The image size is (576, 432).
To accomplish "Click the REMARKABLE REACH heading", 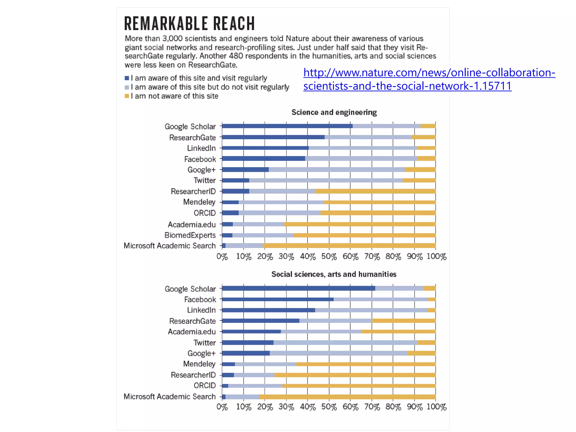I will pyautogui.click(x=189, y=23).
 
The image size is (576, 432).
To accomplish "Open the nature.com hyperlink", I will pyautogui.click(x=429, y=79).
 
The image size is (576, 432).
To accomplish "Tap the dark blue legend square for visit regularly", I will pyautogui.click(x=127, y=78).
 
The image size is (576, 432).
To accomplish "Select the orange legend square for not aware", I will pyautogui.click(x=127, y=96).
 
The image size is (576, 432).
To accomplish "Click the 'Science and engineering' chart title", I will pyautogui.click(x=334, y=112).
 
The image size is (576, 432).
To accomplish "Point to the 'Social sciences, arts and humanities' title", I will pyautogui.click(x=334, y=274).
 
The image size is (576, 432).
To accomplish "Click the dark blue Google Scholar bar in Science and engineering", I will pyautogui.click(x=287, y=126).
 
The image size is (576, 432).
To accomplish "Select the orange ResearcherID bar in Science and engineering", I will pyautogui.click(x=375, y=191).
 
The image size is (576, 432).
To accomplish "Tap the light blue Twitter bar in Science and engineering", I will pyautogui.click(x=326, y=180).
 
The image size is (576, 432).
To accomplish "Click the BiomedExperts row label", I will pyautogui.click(x=190, y=235).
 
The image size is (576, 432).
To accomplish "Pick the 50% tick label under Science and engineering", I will pyautogui.click(x=329, y=256).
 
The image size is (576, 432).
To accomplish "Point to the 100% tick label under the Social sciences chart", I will pyautogui.click(x=436, y=407).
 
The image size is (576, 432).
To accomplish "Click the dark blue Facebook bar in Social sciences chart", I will pyautogui.click(x=278, y=299).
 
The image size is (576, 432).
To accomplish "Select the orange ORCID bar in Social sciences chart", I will pyautogui.click(x=359, y=386).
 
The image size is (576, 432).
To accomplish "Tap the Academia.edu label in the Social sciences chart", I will pyautogui.click(x=192, y=332).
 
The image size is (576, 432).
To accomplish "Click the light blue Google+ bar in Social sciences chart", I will pyautogui.click(x=338, y=353).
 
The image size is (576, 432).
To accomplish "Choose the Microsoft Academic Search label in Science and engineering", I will pyautogui.click(x=170, y=246).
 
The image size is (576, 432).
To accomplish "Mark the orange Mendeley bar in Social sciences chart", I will pyautogui.click(x=366, y=364).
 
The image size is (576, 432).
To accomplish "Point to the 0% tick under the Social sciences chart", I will pyautogui.click(x=222, y=407).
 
